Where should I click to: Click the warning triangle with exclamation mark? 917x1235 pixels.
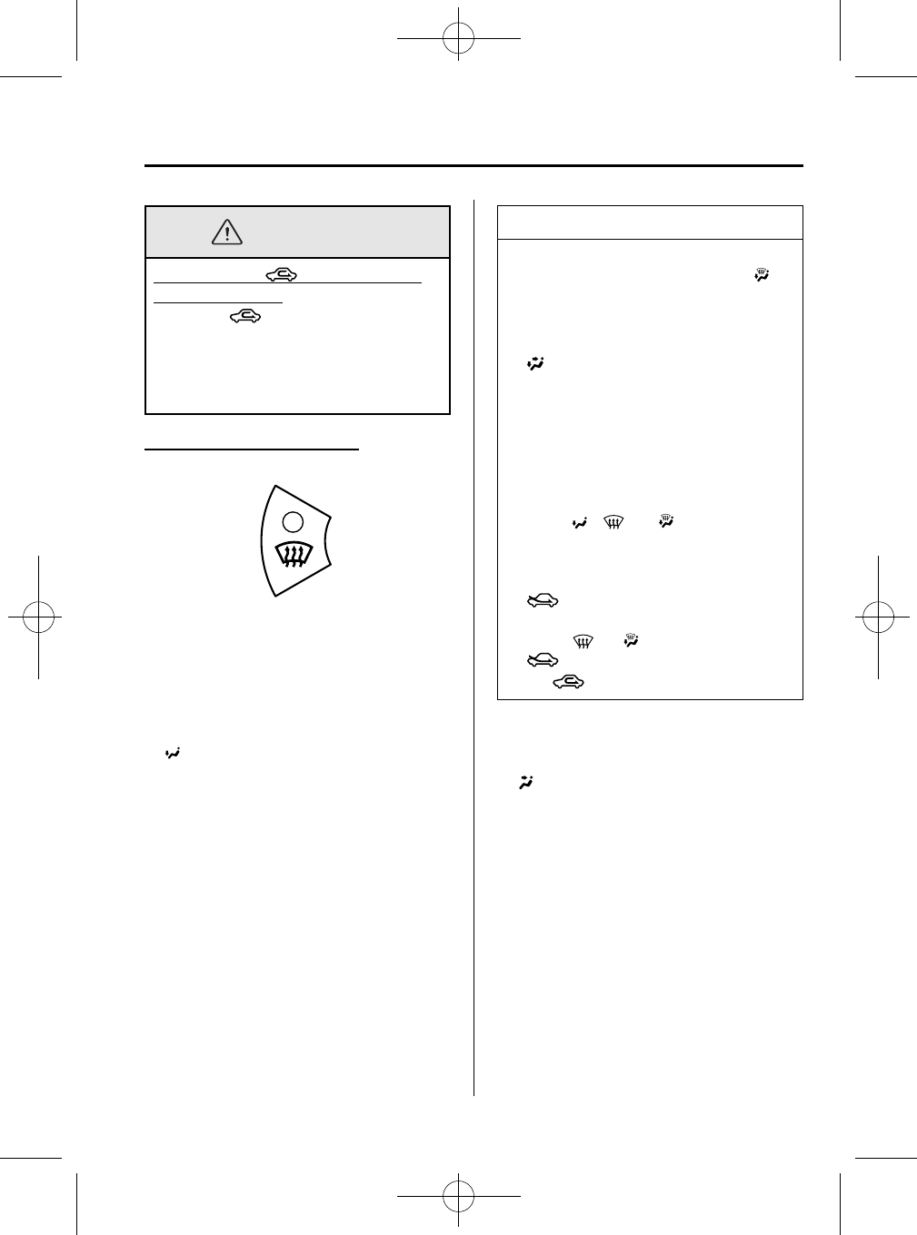(226, 232)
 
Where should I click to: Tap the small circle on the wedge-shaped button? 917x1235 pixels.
(292, 520)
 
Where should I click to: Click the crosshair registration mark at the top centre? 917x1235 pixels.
(458, 39)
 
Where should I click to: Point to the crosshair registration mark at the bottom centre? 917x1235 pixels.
(458, 1196)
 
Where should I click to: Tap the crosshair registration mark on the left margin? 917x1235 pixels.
(38, 617)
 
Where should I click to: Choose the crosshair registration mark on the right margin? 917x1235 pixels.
(878, 617)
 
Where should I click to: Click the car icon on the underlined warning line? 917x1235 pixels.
(282, 274)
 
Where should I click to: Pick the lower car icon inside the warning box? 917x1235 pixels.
(245, 316)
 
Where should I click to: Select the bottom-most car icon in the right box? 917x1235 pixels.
(569, 681)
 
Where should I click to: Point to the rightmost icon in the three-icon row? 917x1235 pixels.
(666, 523)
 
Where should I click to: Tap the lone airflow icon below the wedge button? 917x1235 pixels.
(172, 754)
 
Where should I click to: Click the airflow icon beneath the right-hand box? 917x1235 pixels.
(525, 781)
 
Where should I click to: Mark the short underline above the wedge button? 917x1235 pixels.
(252, 449)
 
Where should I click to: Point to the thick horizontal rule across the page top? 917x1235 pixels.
(473, 166)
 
